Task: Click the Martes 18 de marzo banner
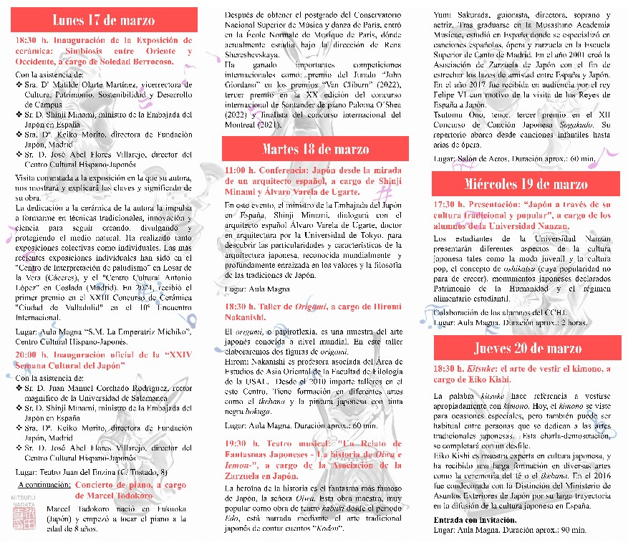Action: coord(315,149)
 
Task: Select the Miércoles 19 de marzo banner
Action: coord(526,184)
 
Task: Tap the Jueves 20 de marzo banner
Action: coord(526,348)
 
